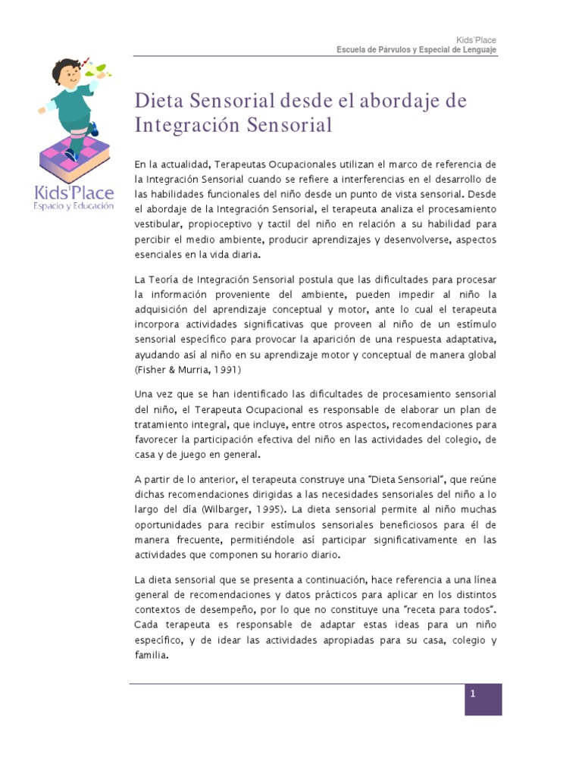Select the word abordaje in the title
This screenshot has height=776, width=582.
[x=381, y=101]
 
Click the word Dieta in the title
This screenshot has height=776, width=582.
[x=160, y=101]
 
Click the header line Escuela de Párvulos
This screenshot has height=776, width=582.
[x=417, y=50]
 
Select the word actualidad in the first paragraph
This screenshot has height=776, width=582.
[x=183, y=164]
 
